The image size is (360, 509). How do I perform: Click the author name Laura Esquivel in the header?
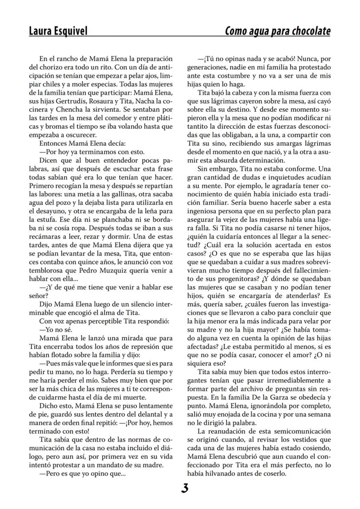point(58,31)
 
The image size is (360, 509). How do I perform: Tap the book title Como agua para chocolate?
point(277,31)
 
